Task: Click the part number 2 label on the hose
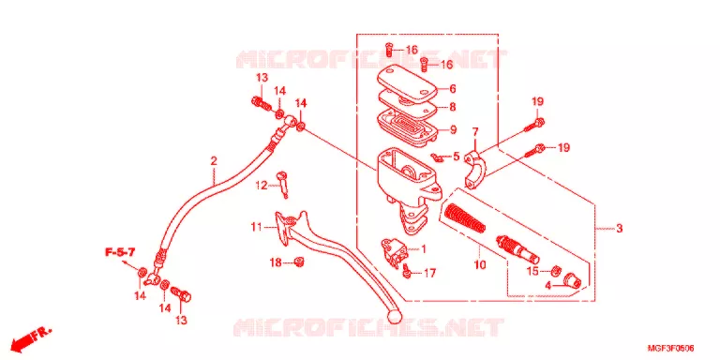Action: point(214,161)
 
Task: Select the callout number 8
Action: point(453,107)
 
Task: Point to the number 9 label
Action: point(453,129)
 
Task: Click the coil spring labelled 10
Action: point(464,217)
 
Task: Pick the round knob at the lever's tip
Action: point(395,314)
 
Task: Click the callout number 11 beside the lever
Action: point(256,226)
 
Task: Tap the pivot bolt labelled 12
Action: point(283,184)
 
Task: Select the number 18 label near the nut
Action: point(276,262)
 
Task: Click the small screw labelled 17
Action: point(406,271)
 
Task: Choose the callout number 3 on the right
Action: point(620,228)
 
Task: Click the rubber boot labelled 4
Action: point(572,279)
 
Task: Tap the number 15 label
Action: point(532,271)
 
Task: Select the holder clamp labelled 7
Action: point(474,170)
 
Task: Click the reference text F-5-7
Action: point(120,252)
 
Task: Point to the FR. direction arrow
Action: point(31,337)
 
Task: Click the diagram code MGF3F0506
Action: point(671,349)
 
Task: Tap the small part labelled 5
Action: point(435,157)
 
